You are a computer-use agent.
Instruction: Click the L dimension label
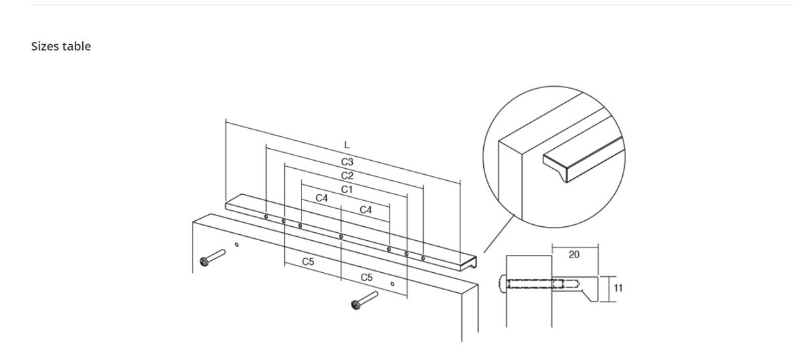(x=347, y=145)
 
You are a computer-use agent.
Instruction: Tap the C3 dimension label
(x=348, y=162)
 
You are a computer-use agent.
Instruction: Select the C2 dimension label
(x=348, y=176)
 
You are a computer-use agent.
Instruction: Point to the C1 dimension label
(x=347, y=190)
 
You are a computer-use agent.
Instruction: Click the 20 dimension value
(x=574, y=254)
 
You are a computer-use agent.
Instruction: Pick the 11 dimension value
(x=618, y=288)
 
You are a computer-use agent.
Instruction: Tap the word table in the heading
(x=76, y=47)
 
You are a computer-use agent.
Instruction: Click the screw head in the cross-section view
(x=502, y=284)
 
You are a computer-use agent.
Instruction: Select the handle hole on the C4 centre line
(x=342, y=237)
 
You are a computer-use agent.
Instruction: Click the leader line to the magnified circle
(x=499, y=234)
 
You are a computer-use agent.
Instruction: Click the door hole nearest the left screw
(x=237, y=245)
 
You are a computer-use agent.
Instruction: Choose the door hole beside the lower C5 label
(x=392, y=284)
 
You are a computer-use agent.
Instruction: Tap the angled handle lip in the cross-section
(x=590, y=296)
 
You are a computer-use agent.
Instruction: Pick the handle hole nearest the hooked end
(x=423, y=258)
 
